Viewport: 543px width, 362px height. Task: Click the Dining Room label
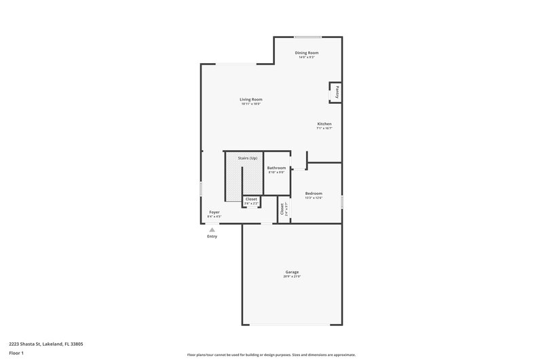[x=307, y=52]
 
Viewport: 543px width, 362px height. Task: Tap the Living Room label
[x=250, y=99]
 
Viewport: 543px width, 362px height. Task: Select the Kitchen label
[x=324, y=124]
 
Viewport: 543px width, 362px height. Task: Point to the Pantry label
[x=336, y=92]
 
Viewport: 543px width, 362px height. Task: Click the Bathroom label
[x=276, y=168]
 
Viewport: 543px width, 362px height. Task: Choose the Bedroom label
[x=314, y=193]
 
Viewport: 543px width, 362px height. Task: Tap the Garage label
[x=292, y=272]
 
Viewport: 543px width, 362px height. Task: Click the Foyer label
[x=214, y=212]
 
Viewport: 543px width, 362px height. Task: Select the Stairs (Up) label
[x=247, y=158]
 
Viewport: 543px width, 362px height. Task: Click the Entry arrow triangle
[x=212, y=230]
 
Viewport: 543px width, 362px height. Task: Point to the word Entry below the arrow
[x=212, y=236]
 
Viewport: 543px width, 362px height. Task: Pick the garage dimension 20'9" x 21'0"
[x=292, y=276]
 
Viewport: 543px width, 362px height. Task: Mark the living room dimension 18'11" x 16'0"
[x=250, y=104]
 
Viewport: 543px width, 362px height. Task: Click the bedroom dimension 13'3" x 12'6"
[x=314, y=198]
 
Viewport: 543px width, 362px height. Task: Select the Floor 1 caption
[x=17, y=354]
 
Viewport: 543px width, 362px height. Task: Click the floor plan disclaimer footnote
[x=271, y=355]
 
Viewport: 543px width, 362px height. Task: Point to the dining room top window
[x=308, y=37]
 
